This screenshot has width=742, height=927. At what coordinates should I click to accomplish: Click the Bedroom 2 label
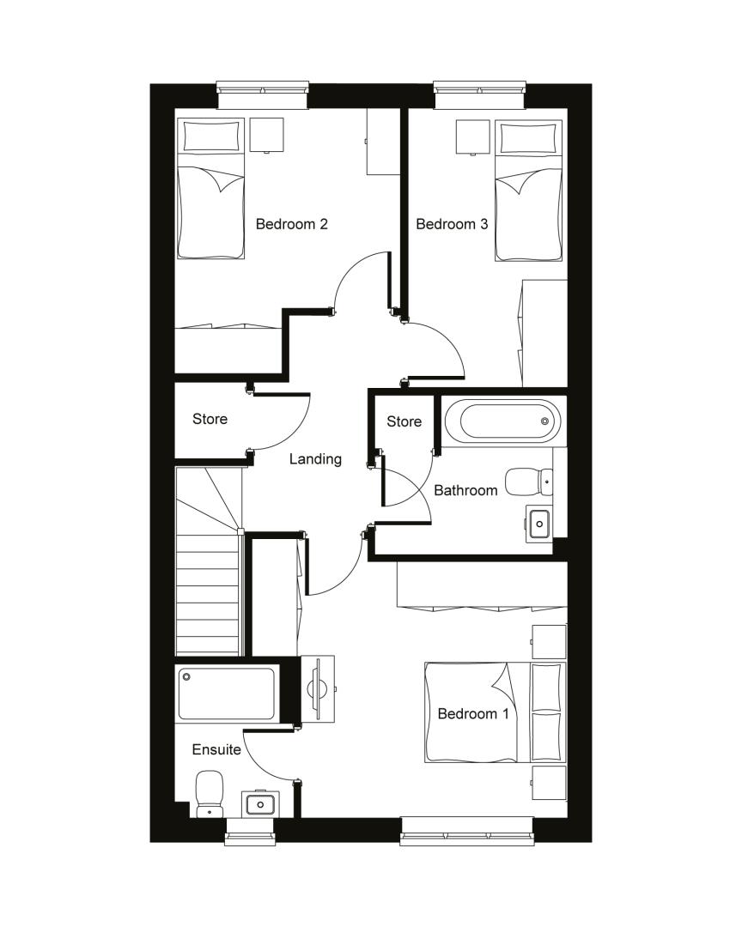[x=291, y=224]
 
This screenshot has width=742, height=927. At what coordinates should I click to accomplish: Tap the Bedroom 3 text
[x=452, y=224]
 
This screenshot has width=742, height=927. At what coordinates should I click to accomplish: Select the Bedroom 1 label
[x=473, y=713]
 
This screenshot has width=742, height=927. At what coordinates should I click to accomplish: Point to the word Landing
[x=315, y=459]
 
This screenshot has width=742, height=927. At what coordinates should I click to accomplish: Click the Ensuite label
[x=216, y=749]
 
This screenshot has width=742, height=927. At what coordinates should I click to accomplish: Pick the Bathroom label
[x=465, y=490]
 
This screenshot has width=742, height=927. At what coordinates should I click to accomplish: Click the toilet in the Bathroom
[x=529, y=482]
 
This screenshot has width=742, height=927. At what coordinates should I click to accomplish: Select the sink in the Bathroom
[x=538, y=523]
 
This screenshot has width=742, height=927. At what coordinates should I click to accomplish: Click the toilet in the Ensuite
[x=209, y=793]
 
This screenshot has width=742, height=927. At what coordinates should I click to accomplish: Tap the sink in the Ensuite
[x=258, y=803]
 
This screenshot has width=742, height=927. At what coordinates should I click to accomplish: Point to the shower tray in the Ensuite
[x=227, y=694]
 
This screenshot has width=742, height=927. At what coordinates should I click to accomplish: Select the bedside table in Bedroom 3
[x=473, y=137]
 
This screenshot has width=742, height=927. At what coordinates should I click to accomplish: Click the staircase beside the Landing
[x=209, y=560]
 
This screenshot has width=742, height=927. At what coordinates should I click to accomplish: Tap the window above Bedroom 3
[x=480, y=94]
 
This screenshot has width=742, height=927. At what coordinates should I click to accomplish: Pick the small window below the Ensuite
[x=250, y=831]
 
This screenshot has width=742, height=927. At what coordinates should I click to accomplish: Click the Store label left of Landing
[x=210, y=419]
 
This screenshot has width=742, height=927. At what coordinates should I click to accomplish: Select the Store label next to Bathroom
[x=404, y=421]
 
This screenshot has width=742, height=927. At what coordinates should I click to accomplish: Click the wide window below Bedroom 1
[x=466, y=831]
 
